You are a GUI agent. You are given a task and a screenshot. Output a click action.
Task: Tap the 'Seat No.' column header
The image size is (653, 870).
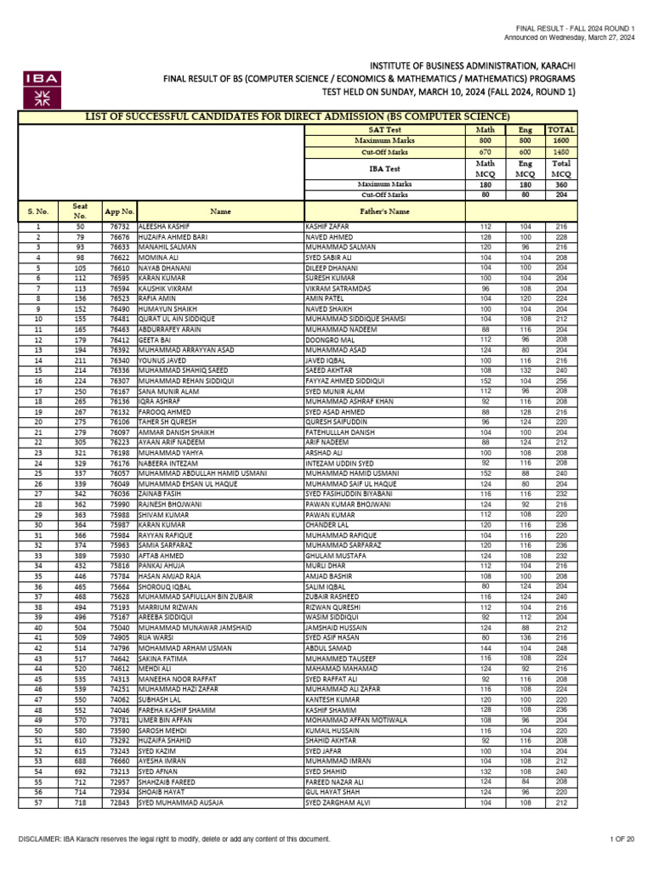coord(80,211)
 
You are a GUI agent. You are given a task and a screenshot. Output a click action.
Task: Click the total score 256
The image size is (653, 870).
coord(561,358)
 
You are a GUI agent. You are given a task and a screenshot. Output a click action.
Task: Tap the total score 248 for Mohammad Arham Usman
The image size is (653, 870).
coord(561,648)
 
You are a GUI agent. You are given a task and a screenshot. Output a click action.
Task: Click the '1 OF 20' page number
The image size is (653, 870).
coord(624,839)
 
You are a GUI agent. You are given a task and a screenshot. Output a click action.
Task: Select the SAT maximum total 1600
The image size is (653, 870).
coord(561,139)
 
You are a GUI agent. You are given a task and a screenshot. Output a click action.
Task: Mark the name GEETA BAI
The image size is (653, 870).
coord(154,339)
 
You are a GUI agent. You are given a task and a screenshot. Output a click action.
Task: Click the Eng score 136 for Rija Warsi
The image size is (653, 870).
coord(525,638)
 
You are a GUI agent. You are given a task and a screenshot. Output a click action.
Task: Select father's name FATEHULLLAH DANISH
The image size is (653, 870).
coord(340,432)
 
